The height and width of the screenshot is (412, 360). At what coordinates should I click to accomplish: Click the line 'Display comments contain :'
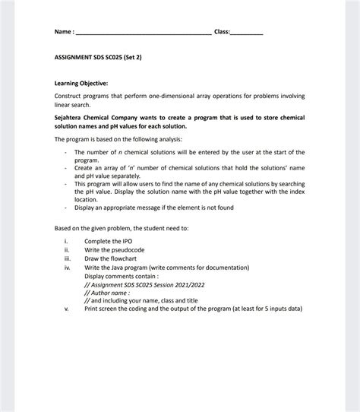tap(124, 275)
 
